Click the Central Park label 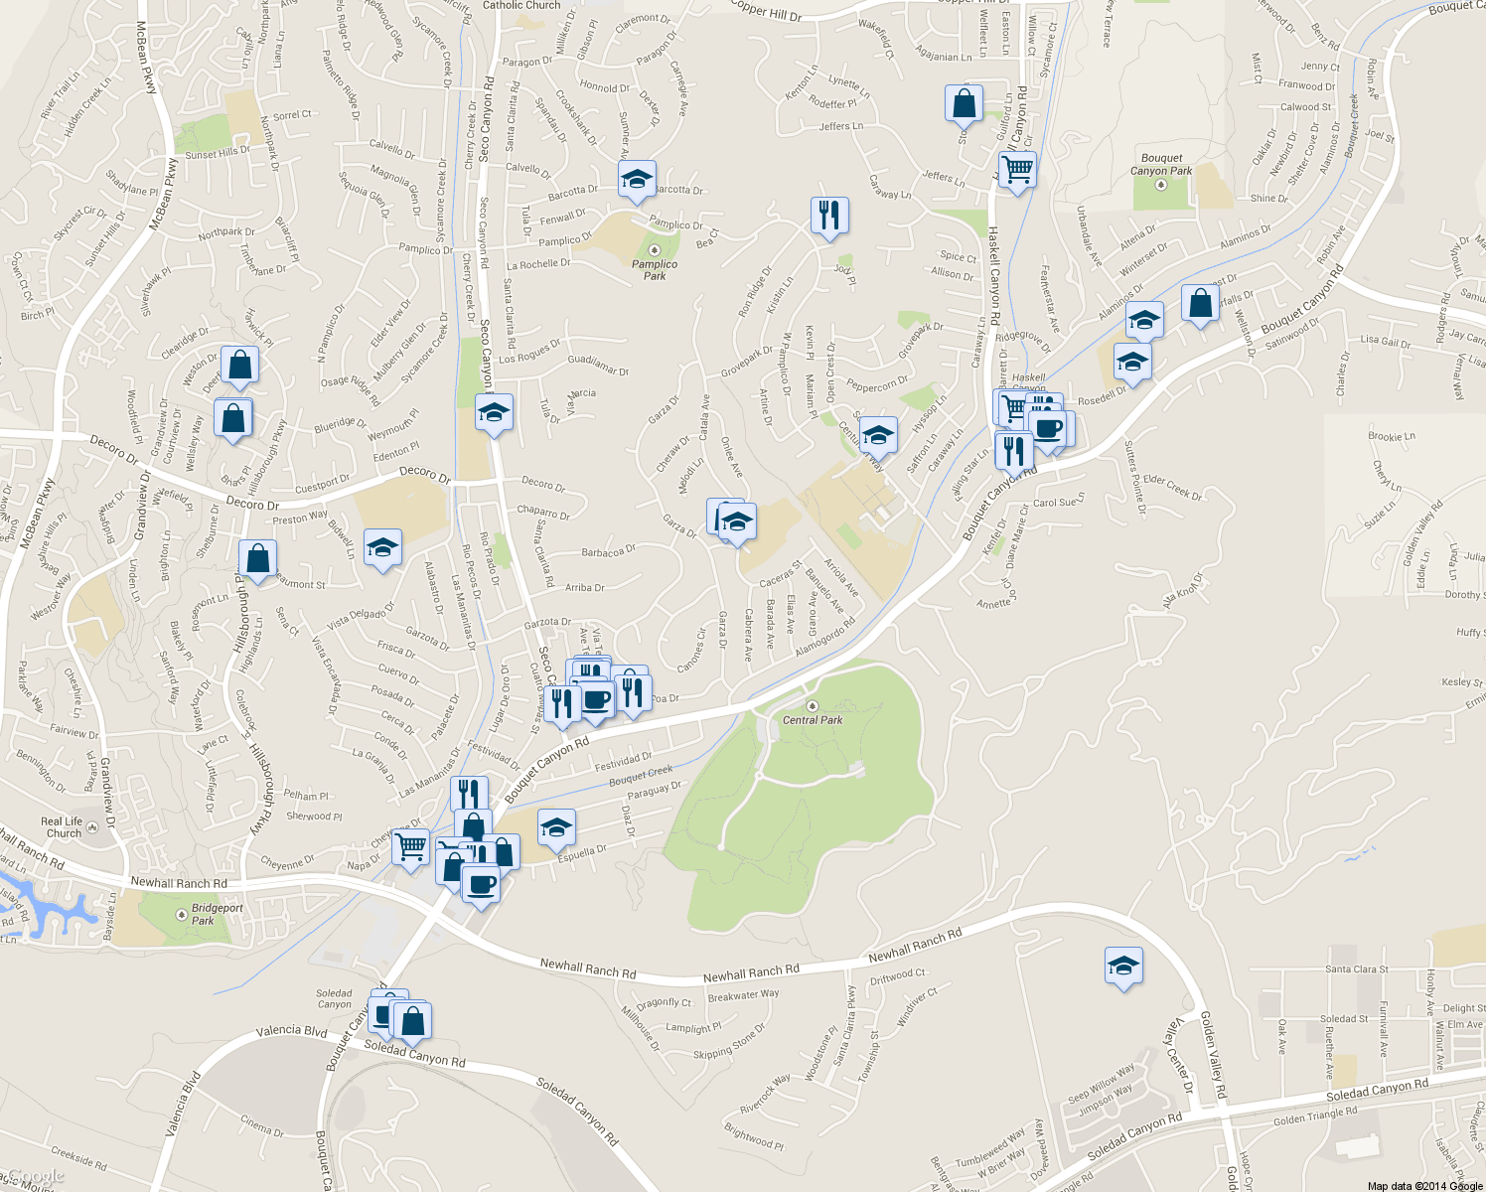click(x=813, y=720)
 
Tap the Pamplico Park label click(x=655, y=269)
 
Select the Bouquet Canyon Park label click(x=1161, y=164)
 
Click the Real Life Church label click(x=63, y=827)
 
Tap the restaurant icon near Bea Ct click(x=828, y=215)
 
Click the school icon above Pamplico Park click(x=636, y=180)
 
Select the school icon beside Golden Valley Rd click(x=1123, y=966)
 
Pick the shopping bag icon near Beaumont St click(x=257, y=558)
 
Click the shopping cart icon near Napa click(x=410, y=847)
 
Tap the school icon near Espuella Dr click(x=556, y=826)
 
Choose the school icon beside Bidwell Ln click(x=382, y=547)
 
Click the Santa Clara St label click(x=1356, y=969)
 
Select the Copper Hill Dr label click(x=766, y=11)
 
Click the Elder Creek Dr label click(x=1172, y=487)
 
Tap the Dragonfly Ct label click(x=664, y=1003)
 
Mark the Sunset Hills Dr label click(x=217, y=152)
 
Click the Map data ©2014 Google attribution click(x=1424, y=1185)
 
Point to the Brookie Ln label click(x=1391, y=436)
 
